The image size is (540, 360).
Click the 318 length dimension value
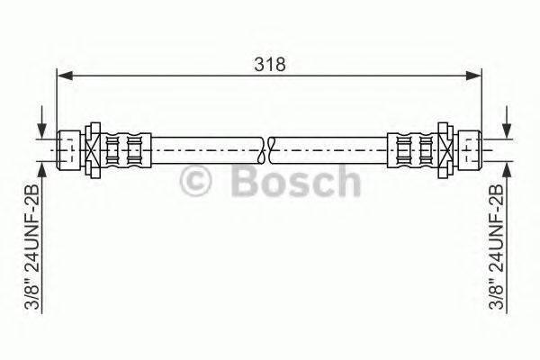[x=269, y=65]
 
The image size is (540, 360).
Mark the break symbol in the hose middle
[x=269, y=147]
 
